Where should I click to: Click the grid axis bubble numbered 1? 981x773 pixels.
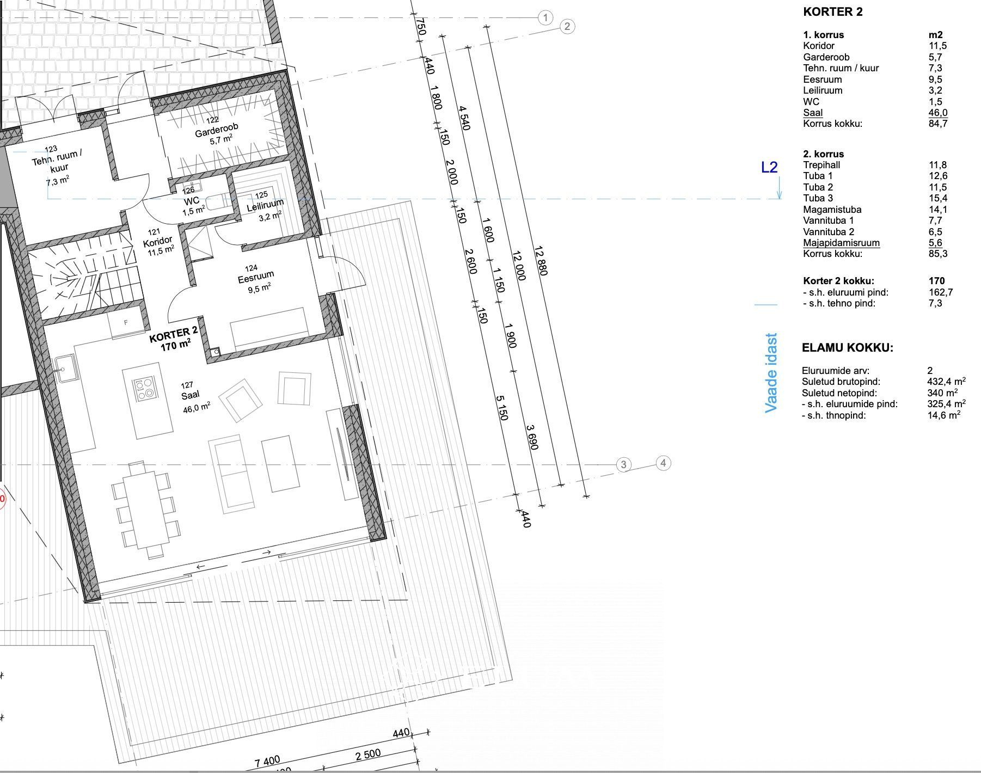546,18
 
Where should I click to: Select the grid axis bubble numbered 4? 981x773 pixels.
663,463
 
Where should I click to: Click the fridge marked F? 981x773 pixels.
126,323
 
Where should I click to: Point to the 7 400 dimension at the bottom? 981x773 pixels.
267,760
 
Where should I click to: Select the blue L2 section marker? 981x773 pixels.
769,168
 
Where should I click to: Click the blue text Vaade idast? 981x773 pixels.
771,373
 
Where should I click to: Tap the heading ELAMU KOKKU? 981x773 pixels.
848,348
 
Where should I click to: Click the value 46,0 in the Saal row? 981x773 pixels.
938,113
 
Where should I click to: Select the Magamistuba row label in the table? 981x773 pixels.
832,210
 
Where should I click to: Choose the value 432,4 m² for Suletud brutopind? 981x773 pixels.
946,381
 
